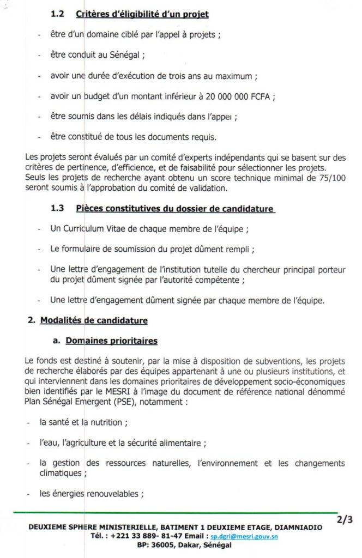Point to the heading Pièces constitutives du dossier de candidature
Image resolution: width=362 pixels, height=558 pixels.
(x=175, y=209)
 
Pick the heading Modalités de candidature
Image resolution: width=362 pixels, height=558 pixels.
(x=94, y=320)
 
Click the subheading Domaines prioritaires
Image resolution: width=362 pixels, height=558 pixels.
(x=111, y=341)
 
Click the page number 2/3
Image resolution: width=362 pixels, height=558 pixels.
(x=345, y=520)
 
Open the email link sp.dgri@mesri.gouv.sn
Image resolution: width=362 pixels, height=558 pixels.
(x=244, y=536)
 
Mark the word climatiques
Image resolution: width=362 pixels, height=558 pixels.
(x=63, y=473)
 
